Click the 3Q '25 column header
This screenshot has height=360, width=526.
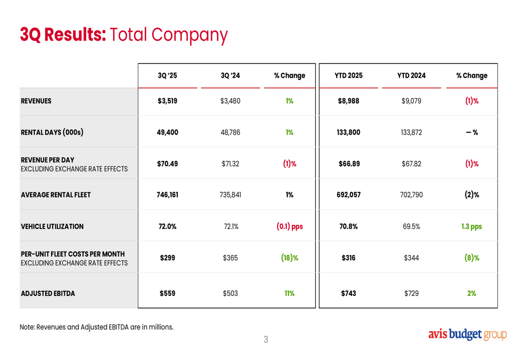[167, 76]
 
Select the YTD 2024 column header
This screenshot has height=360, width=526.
[411, 76]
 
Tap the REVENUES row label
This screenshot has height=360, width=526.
[36, 101]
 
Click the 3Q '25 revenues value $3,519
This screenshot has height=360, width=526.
[167, 101]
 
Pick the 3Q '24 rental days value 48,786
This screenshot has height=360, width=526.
[230, 132]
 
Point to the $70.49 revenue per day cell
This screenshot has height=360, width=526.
[167, 163]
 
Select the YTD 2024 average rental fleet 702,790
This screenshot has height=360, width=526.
[411, 195]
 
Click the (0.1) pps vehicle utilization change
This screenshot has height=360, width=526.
[289, 227]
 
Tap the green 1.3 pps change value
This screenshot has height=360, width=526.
[471, 227]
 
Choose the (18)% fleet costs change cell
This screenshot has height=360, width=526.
[289, 258]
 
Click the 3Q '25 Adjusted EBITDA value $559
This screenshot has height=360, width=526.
[167, 293]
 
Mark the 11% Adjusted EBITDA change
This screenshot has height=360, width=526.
[289, 293]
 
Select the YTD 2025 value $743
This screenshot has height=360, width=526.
[348, 293]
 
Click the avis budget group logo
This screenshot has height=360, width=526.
[468, 334]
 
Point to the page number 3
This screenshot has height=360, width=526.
[266, 340]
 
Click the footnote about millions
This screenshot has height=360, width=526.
[97, 327]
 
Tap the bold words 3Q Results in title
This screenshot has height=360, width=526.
[63, 35]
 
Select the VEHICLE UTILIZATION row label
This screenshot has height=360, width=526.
[52, 227]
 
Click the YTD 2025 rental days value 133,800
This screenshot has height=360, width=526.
[348, 132]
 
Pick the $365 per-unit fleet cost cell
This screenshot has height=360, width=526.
[230, 258]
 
